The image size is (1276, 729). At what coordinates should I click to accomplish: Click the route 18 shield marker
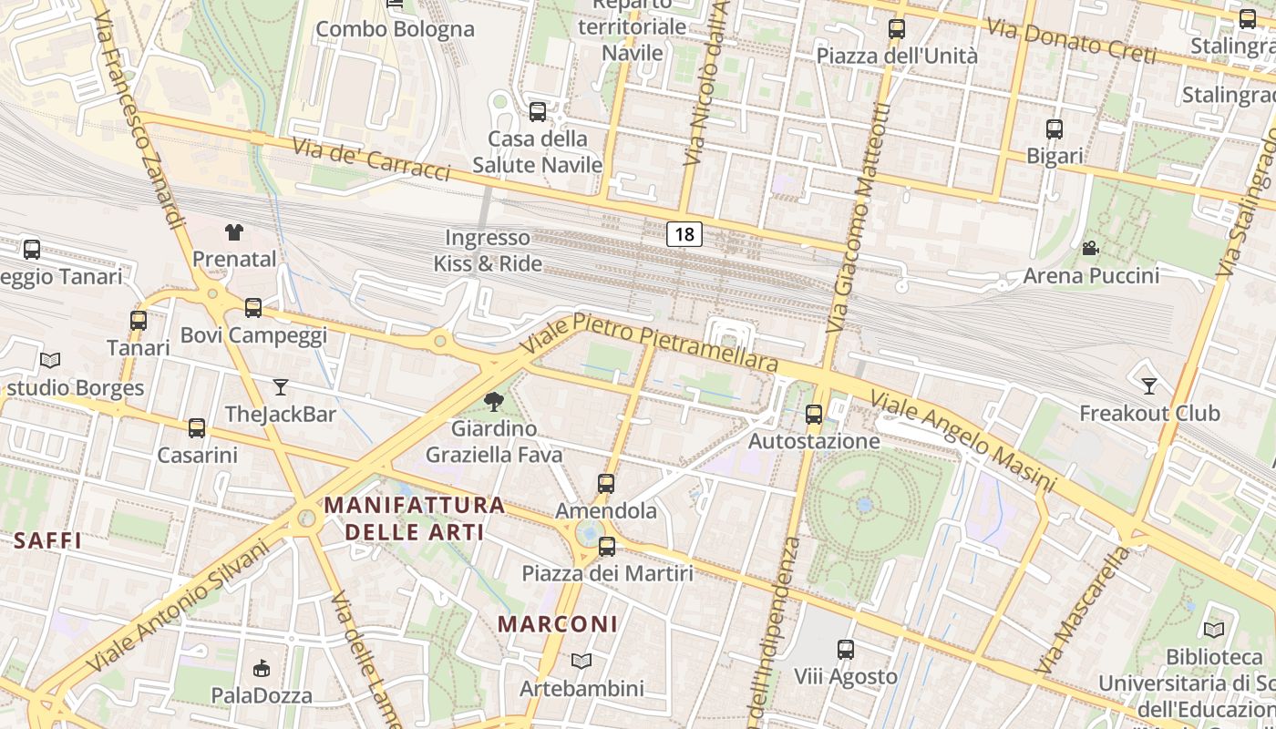[684, 234]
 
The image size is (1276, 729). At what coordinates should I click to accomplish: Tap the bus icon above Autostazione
[814, 415]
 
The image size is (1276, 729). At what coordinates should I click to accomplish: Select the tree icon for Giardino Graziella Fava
[494, 400]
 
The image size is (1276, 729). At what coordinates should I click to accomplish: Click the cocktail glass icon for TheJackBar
[281, 387]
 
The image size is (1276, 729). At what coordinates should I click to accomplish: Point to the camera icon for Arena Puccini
[1090, 248]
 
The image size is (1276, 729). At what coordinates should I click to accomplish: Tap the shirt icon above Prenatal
[234, 232]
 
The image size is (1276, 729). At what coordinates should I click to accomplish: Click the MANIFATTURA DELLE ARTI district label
[415, 518]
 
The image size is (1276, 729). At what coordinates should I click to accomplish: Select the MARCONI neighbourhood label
[558, 624]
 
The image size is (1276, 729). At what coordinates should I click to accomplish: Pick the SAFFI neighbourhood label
[48, 540]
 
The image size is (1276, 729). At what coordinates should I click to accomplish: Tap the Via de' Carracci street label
[372, 159]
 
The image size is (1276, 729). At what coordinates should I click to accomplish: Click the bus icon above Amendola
[606, 484]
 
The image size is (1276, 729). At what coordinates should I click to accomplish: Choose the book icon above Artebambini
[581, 661]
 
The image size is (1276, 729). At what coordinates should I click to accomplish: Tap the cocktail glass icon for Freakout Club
[1149, 386]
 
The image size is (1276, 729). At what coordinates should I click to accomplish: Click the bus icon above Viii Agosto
[846, 650]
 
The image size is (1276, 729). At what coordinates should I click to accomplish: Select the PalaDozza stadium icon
[262, 668]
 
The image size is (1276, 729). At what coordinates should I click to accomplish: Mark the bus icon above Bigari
[1055, 129]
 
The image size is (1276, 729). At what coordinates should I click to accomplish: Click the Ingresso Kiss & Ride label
[488, 251]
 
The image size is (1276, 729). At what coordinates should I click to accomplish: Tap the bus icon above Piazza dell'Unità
[897, 29]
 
